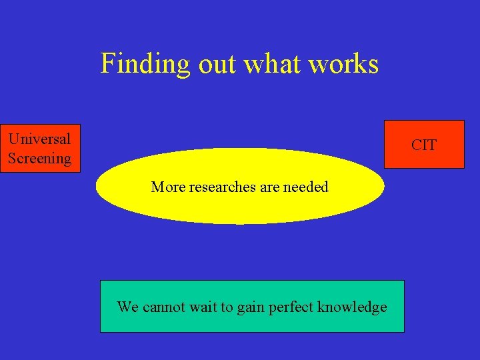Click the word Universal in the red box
pos(39,139)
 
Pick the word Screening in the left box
pos(39,159)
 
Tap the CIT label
pos(424,145)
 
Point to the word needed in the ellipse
pos(306,187)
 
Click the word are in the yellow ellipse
pos(270,187)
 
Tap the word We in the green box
pos(127,307)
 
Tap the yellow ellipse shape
pos(240,207)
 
